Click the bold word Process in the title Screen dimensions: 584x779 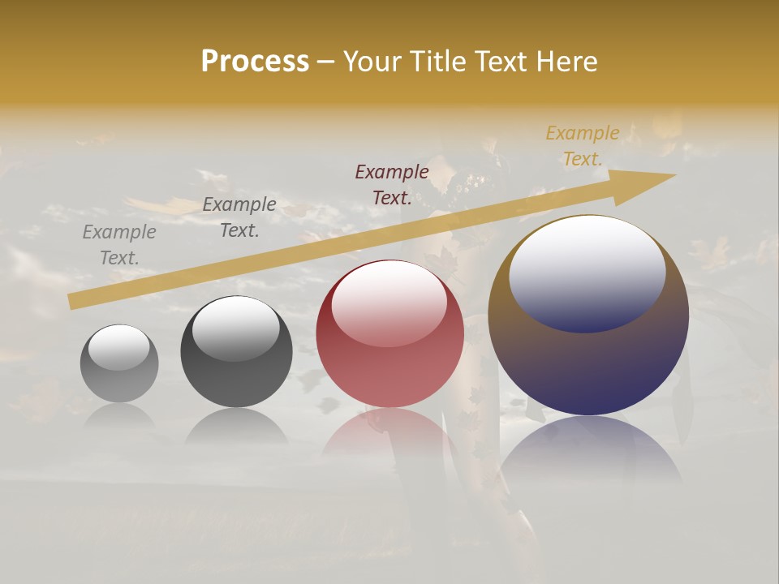point(255,62)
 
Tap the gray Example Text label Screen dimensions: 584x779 point(119,244)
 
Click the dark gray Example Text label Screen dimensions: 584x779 point(239,217)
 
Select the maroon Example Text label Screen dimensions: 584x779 point(392,184)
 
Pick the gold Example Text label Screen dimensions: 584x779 point(583,145)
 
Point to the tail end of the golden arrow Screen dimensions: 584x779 point(75,301)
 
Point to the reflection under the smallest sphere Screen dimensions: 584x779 point(119,415)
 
